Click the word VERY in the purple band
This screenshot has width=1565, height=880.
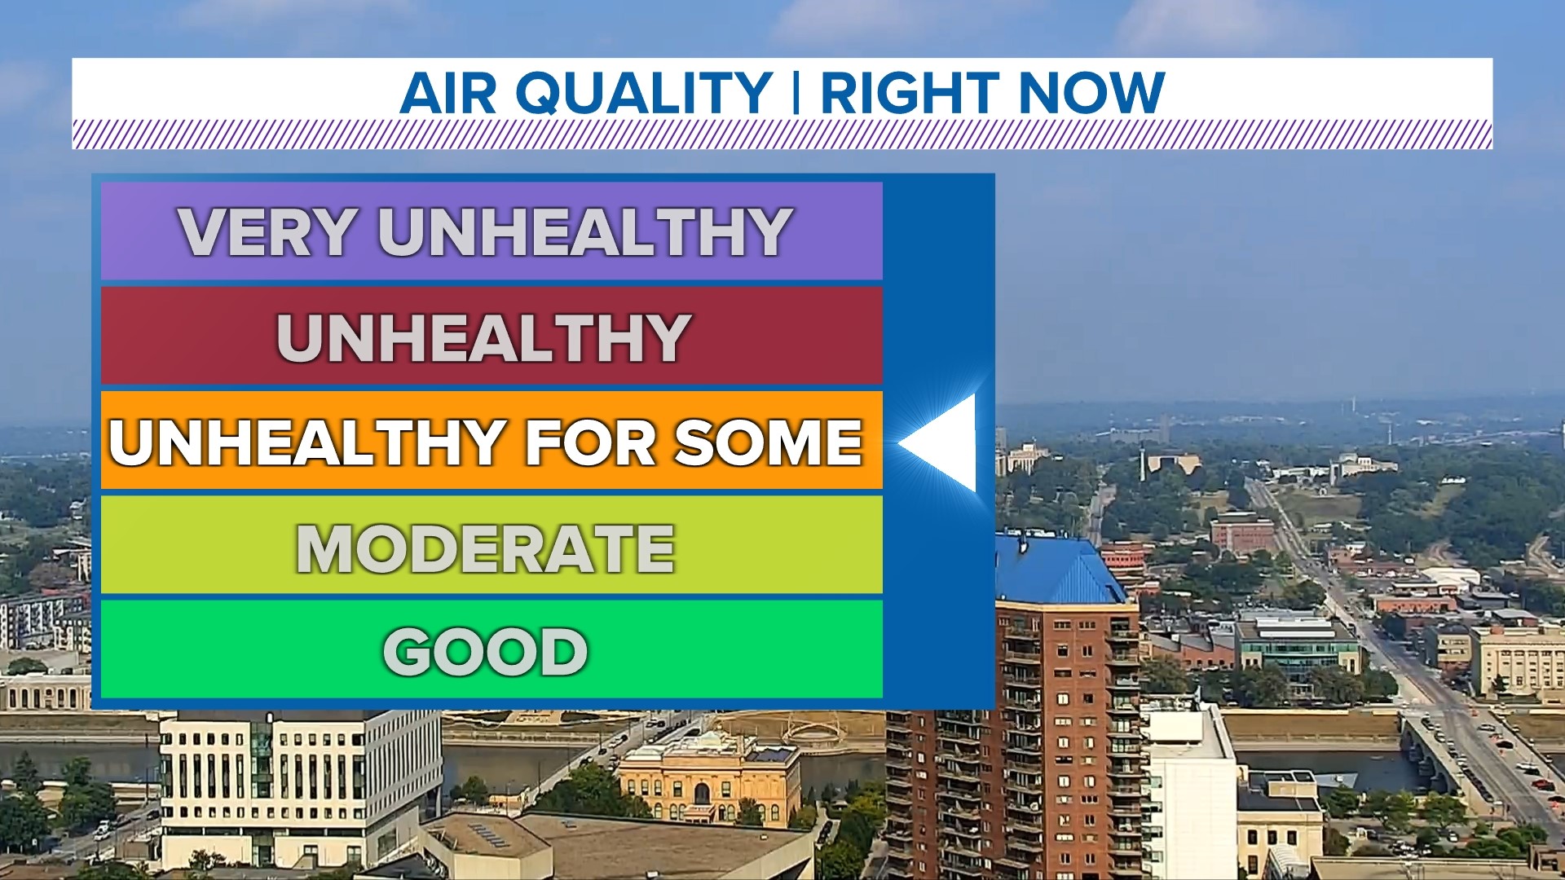click(268, 232)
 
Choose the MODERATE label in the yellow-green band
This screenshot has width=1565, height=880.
click(486, 548)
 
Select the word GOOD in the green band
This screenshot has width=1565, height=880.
click(486, 652)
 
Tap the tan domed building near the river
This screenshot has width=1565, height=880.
click(709, 778)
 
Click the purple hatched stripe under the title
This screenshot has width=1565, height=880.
click(782, 134)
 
